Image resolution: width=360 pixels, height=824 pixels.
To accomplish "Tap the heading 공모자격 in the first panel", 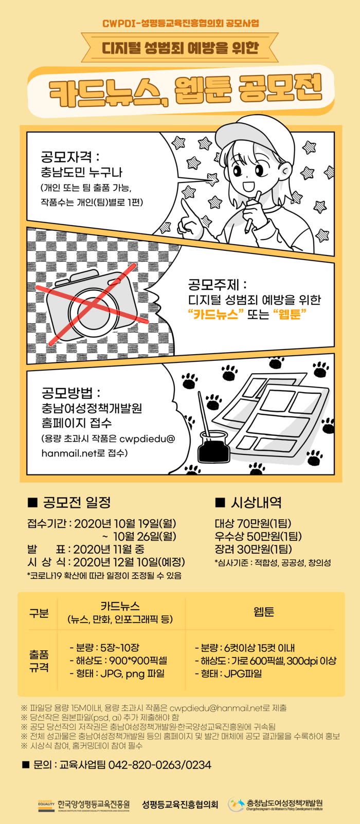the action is (x=66, y=157).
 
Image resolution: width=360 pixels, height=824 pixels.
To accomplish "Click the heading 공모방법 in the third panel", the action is (x=67, y=393).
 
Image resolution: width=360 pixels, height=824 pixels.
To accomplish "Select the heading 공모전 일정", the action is (x=69, y=502).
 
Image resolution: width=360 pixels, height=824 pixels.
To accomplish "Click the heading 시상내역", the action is (x=248, y=502).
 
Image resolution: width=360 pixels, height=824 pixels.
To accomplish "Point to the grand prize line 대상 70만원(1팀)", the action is (x=253, y=523).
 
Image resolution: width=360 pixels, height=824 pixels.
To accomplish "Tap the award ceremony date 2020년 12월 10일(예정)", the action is (x=129, y=562).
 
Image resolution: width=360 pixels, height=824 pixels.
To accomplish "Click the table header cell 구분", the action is (x=39, y=613).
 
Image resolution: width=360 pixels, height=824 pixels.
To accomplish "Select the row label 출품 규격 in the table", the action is (x=39, y=661).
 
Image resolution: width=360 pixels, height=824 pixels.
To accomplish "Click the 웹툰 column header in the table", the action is (x=264, y=612).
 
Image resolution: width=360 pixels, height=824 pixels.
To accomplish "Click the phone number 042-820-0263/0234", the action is (x=160, y=765).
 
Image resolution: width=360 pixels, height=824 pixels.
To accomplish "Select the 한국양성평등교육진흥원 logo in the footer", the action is (x=83, y=805).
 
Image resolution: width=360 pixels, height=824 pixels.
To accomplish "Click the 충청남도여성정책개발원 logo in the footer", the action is (x=275, y=804).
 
